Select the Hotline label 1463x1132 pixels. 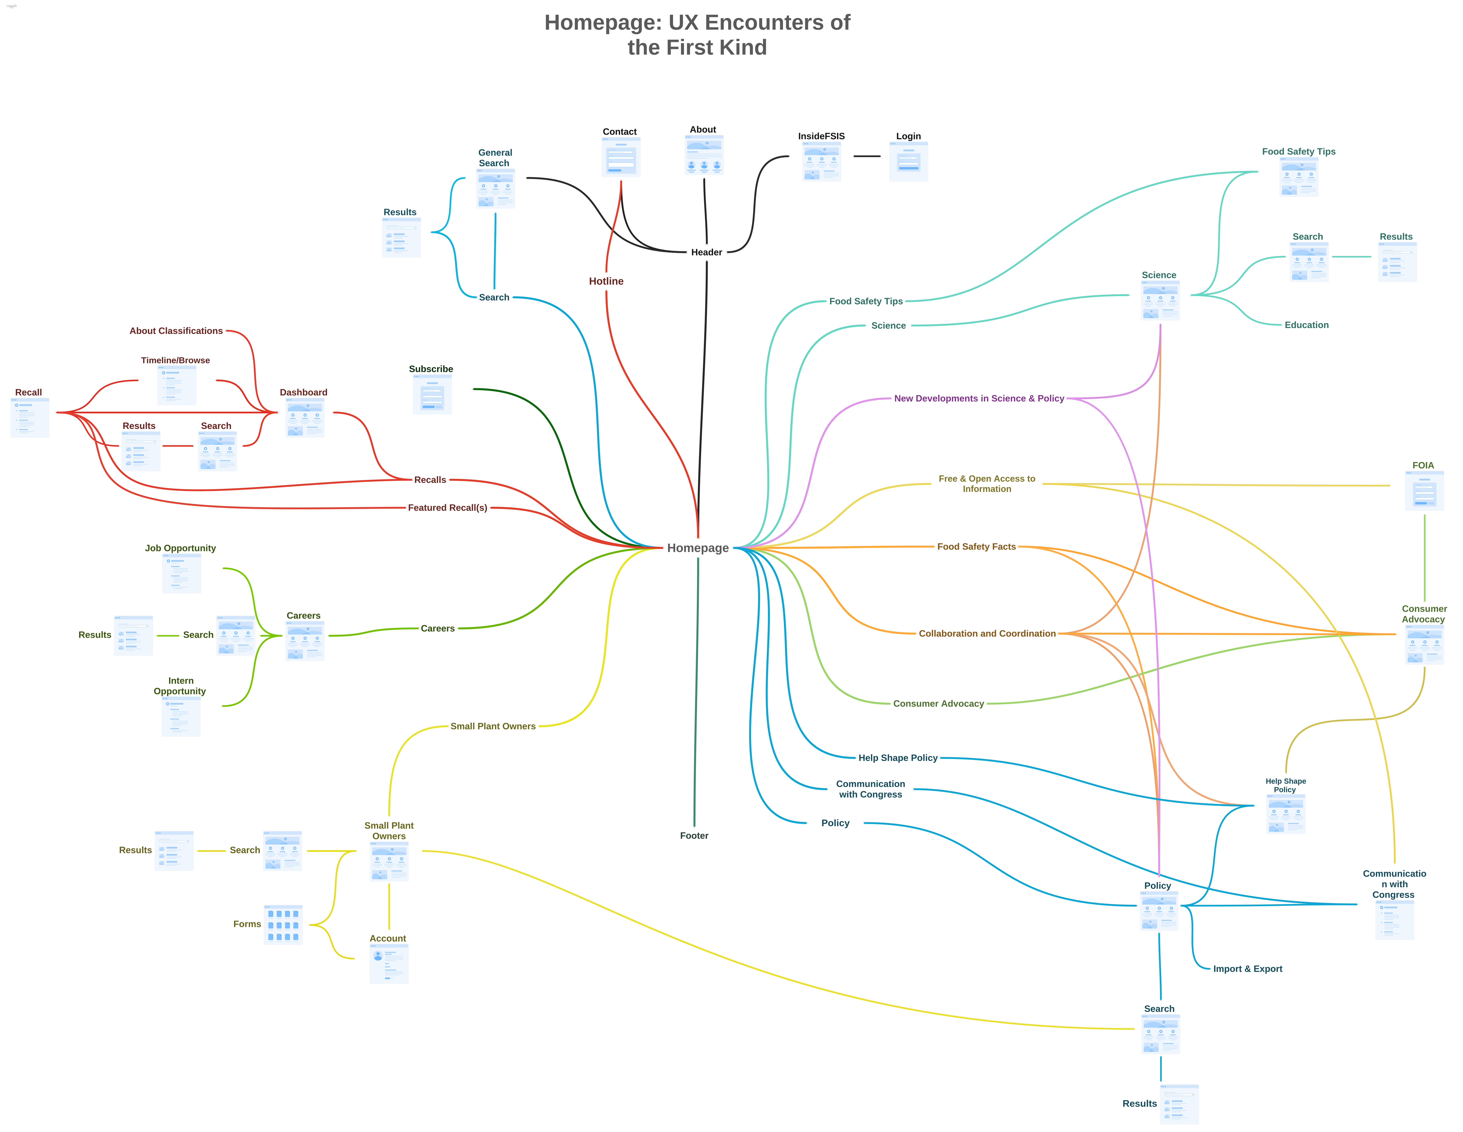606,281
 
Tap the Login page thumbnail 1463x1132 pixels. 908,161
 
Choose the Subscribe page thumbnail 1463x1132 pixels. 432,395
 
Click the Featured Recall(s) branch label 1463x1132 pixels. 448,508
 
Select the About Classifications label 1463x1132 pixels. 176,331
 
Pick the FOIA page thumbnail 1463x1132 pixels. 1424,491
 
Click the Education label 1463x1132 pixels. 1306,325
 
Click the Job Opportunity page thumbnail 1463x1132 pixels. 181,573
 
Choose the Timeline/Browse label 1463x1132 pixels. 176,360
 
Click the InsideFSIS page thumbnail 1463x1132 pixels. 821,161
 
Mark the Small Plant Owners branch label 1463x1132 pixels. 493,726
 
